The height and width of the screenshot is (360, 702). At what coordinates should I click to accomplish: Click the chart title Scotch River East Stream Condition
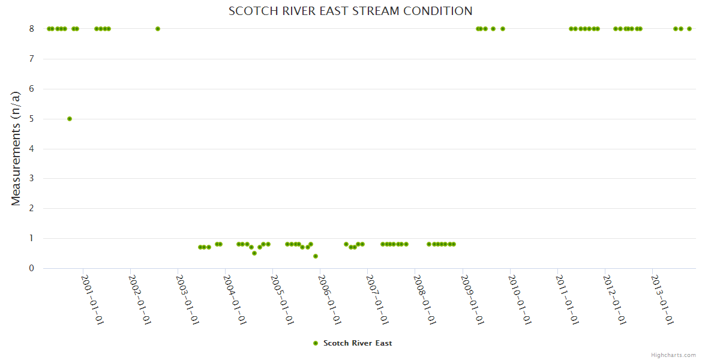350,11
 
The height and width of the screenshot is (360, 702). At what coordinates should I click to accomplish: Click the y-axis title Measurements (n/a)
16,148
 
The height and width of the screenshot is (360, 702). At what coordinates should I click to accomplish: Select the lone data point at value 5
70,119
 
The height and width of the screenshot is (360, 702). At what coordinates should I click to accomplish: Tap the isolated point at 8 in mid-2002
158,29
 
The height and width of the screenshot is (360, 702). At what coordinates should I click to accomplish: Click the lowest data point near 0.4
316,256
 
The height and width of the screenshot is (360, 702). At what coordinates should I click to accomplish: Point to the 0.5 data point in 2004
254,253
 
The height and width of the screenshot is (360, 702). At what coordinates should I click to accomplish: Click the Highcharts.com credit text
673,355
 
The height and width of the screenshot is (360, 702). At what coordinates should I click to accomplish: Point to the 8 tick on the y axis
32,29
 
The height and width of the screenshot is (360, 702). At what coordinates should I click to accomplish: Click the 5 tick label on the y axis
32,119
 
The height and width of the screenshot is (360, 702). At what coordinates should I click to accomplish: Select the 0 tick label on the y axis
32,268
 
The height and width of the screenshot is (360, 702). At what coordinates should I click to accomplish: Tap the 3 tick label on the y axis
32,178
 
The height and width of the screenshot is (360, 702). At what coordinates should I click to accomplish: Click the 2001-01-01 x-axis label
92,299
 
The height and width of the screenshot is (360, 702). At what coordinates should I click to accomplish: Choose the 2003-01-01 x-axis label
187,299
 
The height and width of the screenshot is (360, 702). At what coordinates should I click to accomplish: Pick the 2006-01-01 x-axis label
330,299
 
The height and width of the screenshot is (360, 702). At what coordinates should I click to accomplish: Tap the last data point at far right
689,29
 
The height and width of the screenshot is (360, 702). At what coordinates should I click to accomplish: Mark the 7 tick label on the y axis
32,59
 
